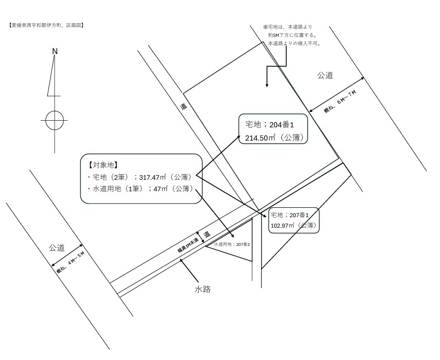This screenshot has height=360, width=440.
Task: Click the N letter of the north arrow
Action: click(55, 51)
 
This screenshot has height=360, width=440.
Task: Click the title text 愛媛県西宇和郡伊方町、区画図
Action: click(46, 25)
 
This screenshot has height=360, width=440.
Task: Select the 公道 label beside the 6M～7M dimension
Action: click(325, 76)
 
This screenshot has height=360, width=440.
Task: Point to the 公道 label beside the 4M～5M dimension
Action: click(57, 248)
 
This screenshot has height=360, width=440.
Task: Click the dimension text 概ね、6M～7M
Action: click(340, 101)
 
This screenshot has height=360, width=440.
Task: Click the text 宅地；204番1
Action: click(269, 125)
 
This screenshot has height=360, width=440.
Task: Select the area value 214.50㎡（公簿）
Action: click(275, 138)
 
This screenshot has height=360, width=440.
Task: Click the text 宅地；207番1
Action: click(289, 215)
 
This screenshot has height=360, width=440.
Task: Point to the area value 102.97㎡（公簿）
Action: click(294, 225)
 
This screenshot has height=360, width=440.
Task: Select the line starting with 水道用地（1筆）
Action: click(143, 189)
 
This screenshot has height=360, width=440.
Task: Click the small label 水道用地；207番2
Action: click(232, 244)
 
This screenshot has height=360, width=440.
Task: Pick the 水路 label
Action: click(203, 289)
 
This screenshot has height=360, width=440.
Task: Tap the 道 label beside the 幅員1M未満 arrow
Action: click(207, 234)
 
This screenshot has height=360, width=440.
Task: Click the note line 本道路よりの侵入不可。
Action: click(295, 44)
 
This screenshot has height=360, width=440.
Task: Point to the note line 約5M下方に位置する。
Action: click(292, 35)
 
